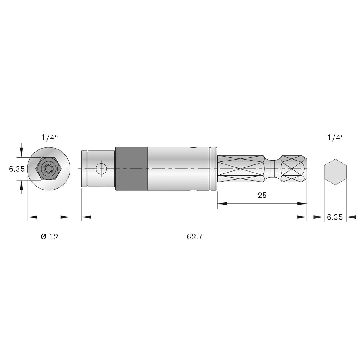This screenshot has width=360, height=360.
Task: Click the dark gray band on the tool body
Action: tap(131, 169)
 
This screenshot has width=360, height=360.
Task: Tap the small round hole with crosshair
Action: tap(101, 169)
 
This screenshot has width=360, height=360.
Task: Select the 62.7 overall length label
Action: tap(195, 237)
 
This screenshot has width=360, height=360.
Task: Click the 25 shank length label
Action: tap(262, 195)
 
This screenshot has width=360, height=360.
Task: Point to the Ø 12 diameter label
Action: tap(49, 237)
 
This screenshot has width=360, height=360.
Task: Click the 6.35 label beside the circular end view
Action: tap(16, 169)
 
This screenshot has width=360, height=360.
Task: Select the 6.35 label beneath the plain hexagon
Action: tap(334, 217)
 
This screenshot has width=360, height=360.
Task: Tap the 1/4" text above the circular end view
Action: tap(49, 138)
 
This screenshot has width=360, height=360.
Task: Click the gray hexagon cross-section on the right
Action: tap(335, 172)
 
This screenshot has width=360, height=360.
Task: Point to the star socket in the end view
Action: tap(48, 169)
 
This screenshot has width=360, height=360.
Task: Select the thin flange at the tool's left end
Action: tap(84, 169)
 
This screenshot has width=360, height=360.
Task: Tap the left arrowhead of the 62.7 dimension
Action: tap(86, 217)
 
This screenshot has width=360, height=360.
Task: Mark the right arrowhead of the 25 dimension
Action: tap(302, 204)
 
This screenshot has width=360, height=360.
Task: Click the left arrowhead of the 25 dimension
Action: tap(222, 204)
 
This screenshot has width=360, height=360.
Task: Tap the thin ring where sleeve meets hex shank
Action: tap(214, 169)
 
